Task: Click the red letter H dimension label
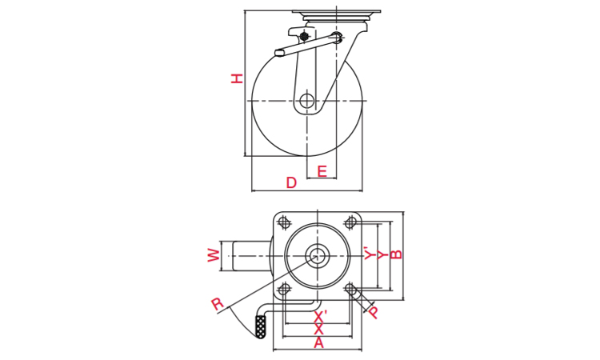tap(238, 78)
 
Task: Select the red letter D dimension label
tap(291, 183)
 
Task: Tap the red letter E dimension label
tap(322, 171)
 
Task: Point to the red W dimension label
tap(214, 255)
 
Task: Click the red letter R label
tap(217, 304)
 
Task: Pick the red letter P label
tap(373, 312)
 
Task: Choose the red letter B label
tap(397, 254)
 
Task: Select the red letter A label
tap(318, 343)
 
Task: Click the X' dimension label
tap(320, 317)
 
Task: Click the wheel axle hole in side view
tap(306, 101)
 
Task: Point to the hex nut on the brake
tap(304, 37)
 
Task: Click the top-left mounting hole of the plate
tap(283, 222)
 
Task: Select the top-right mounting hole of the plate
tap(350, 222)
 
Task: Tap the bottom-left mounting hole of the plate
tap(283, 289)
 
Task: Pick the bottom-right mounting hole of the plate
tap(350, 289)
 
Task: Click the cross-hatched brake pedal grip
tap(261, 326)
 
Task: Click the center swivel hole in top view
tap(317, 255)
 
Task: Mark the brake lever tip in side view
tap(278, 53)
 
